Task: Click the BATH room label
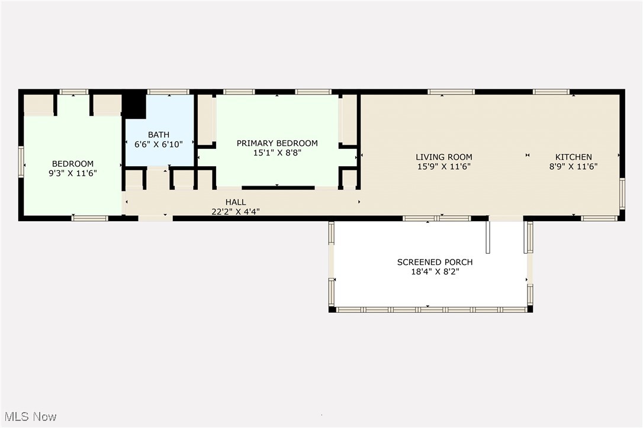(x=159, y=135)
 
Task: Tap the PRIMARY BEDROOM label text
(x=277, y=143)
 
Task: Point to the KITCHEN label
(x=573, y=157)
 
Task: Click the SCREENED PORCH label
(x=435, y=262)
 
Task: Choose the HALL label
(x=236, y=202)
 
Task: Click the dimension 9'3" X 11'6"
(x=73, y=173)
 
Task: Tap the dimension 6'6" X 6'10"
(x=159, y=144)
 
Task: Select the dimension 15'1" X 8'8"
(x=277, y=153)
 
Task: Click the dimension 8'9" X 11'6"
(x=573, y=167)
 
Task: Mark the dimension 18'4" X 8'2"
(x=435, y=271)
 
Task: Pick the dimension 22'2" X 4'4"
(x=236, y=211)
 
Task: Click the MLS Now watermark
(x=28, y=417)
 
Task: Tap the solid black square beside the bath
(x=134, y=104)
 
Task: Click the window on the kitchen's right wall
(x=622, y=194)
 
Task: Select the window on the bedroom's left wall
(x=21, y=161)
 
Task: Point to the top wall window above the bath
(x=168, y=92)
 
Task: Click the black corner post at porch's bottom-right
(x=530, y=309)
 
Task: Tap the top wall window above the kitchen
(x=551, y=92)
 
